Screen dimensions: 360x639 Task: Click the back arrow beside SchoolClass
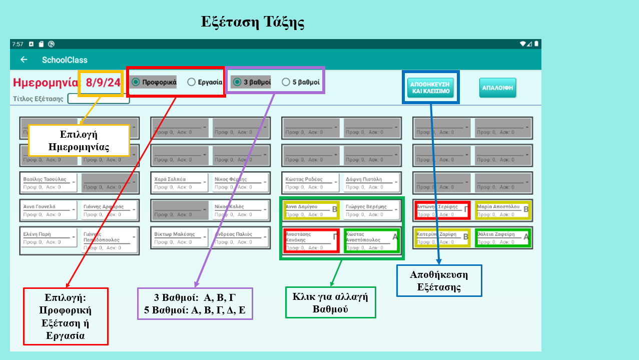24,60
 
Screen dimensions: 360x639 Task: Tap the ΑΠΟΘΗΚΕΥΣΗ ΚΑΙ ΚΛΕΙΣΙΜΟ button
430,88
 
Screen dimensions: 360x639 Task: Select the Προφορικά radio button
136,82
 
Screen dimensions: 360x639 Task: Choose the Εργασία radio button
191,82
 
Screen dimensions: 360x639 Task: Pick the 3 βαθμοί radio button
237,82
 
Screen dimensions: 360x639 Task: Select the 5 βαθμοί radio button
286,82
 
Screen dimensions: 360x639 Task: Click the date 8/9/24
103,83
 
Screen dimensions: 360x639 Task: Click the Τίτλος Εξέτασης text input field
98,99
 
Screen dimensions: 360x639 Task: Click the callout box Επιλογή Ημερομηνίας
79,141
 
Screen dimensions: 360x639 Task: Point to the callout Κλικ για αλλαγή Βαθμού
330,302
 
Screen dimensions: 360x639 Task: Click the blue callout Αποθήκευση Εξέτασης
439,280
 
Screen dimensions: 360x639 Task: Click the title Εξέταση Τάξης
253,22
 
